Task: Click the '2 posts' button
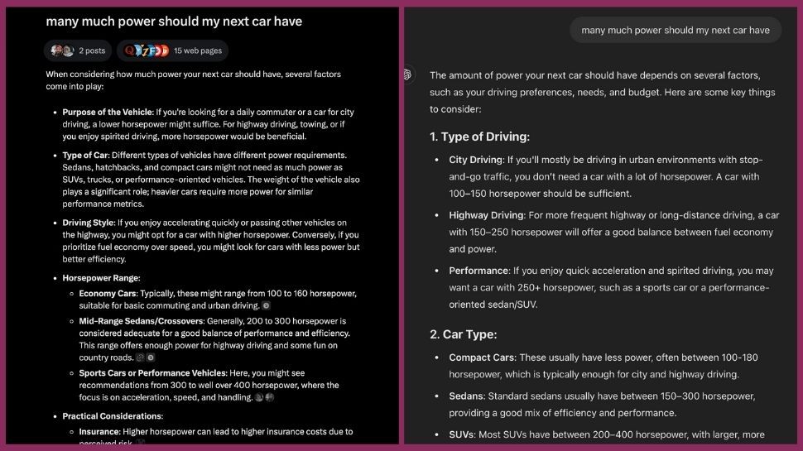[x=79, y=50]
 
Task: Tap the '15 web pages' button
[x=172, y=50]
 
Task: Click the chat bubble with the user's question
[x=675, y=30]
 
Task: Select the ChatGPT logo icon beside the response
[x=407, y=75]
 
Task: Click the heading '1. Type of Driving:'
[x=479, y=137]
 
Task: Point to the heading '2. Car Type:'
[x=463, y=334]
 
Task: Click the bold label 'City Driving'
[x=475, y=160]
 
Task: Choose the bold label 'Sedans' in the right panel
[x=467, y=396]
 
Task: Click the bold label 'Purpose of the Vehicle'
[x=108, y=112]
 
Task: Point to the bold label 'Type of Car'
[x=84, y=155]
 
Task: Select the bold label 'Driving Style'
[x=89, y=223]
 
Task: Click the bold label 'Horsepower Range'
[x=100, y=278]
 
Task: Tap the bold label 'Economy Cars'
[x=108, y=294]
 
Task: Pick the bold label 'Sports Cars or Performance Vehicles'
[x=152, y=373]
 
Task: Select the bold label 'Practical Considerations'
[x=112, y=416]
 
